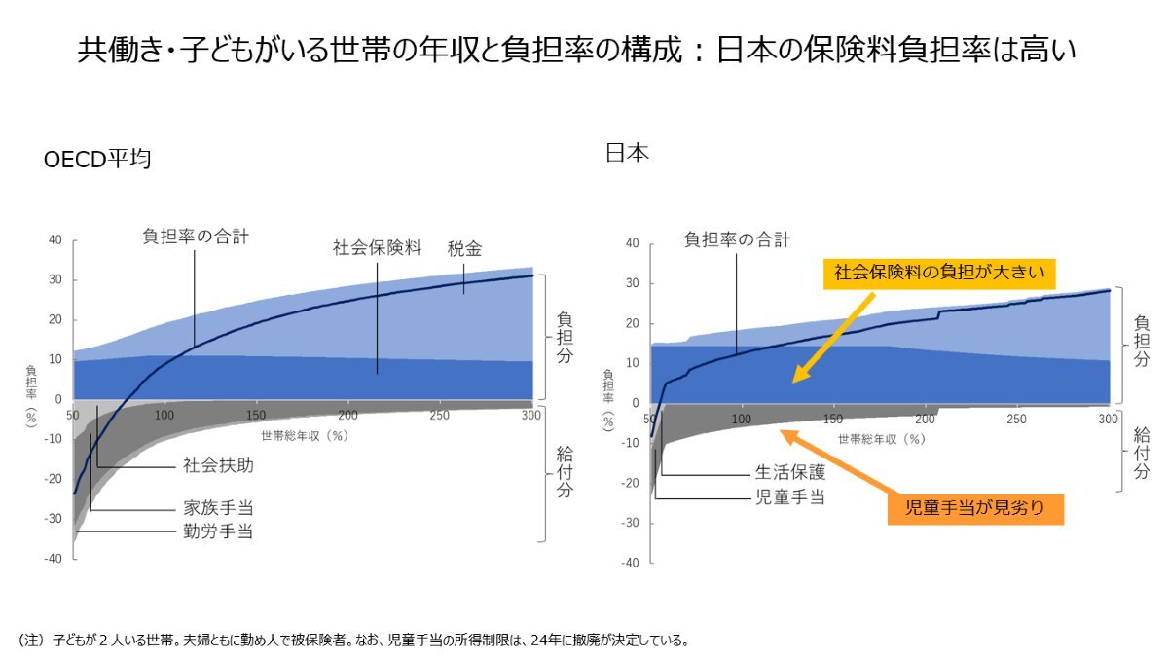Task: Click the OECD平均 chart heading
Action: (x=97, y=160)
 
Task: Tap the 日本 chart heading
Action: (x=627, y=152)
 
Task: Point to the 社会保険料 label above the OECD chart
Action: (x=377, y=247)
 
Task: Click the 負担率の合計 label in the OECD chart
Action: (x=195, y=236)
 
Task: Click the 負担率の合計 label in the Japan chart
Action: (x=737, y=238)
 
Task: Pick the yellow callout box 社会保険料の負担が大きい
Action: (x=939, y=273)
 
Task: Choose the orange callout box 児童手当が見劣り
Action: (x=974, y=509)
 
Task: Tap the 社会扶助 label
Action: (x=218, y=465)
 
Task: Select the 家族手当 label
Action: (x=218, y=508)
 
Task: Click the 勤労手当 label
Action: (x=218, y=531)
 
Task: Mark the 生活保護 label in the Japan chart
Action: (x=790, y=474)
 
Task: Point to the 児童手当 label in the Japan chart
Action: (x=790, y=497)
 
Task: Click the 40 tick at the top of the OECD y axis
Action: (x=55, y=240)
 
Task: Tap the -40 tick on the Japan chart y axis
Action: (x=630, y=563)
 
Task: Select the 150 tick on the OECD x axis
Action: (x=256, y=416)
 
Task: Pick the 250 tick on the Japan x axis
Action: (x=1016, y=420)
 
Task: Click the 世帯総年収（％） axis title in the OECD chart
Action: (x=304, y=435)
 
